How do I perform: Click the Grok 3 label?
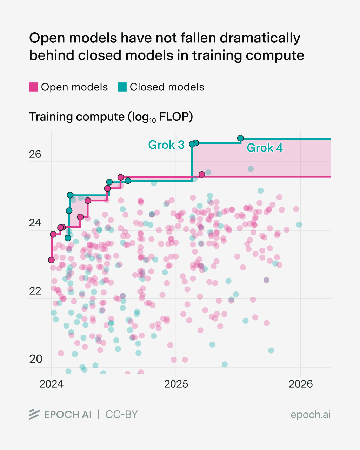click(166, 145)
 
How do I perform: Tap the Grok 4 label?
click(265, 148)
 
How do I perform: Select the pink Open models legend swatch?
click(33, 87)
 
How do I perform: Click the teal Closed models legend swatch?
click(122, 87)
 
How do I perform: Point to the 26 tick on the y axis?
click(35, 154)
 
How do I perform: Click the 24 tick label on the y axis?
click(35, 223)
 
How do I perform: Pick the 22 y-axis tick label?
click(35, 291)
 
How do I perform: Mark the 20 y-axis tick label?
click(35, 359)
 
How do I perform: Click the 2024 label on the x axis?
click(51, 384)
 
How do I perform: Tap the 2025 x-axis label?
click(176, 384)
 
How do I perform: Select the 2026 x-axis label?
click(301, 384)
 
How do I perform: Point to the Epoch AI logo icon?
click(34, 415)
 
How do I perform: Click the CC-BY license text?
click(122, 415)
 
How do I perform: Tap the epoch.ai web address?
click(311, 415)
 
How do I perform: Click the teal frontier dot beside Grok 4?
click(240, 138)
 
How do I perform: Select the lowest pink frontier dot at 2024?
click(52, 260)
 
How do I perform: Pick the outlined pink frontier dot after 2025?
click(202, 174)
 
